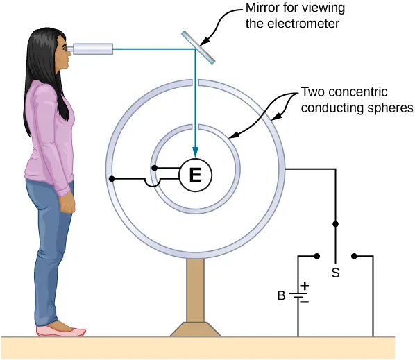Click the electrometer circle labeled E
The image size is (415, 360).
click(x=195, y=176)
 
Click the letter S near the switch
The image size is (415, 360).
click(x=335, y=273)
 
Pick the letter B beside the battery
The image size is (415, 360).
click(x=281, y=295)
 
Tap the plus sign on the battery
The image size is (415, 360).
click(x=304, y=285)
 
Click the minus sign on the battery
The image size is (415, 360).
click(x=304, y=302)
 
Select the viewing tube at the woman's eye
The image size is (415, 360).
click(x=92, y=49)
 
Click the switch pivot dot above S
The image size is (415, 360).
click(x=336, y=224)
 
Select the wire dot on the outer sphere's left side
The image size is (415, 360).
click(x=110, y=180)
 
